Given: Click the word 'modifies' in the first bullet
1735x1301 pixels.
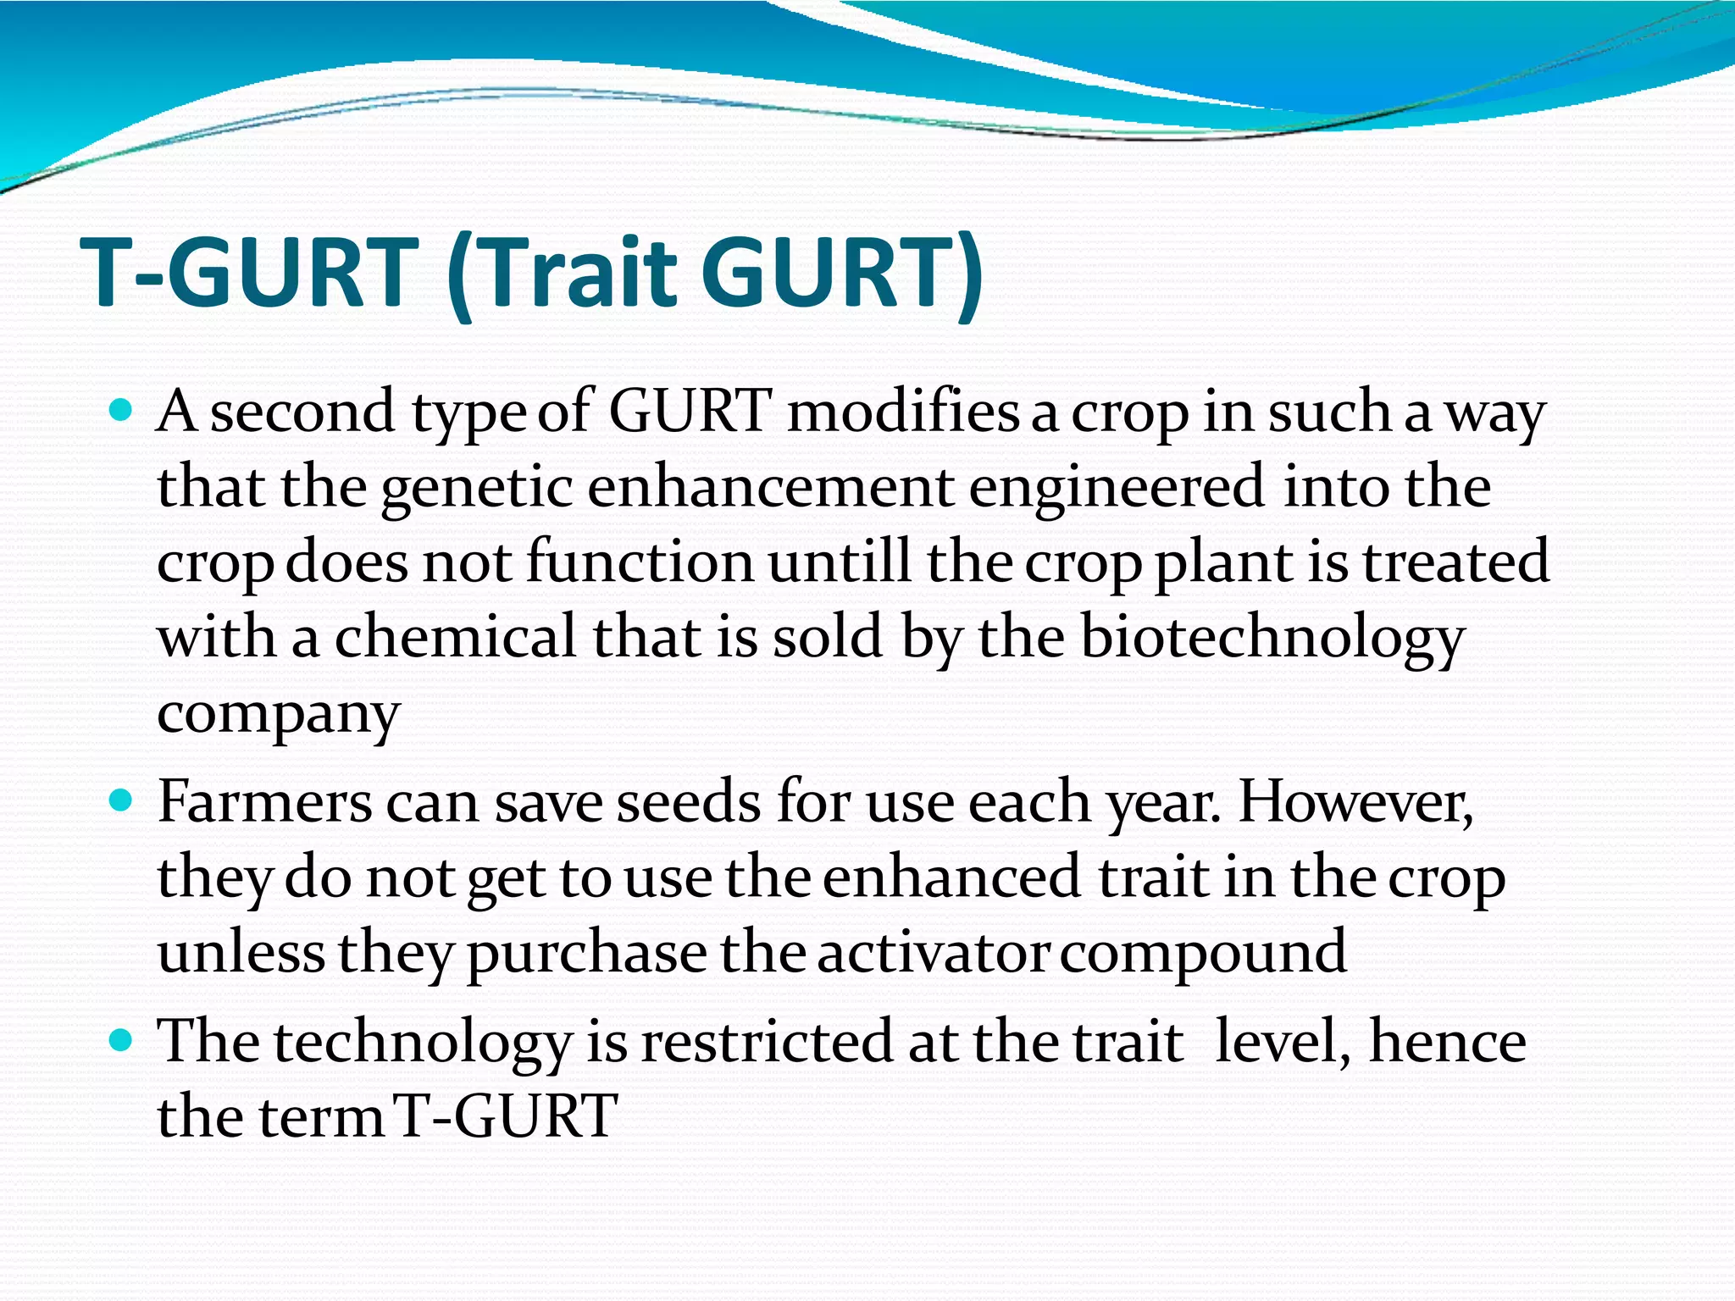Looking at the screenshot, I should click(x=903, y=412).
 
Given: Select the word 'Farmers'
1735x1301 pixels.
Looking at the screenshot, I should click(x=264, y=801).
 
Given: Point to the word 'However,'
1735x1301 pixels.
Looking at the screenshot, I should click(x=1355, y=801).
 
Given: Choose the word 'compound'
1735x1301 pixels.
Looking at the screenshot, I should click(x=1203, y=952).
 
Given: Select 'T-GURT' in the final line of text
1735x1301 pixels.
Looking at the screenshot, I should click(x=506, y=1116).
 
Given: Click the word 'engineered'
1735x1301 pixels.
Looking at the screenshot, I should click(x=1116, y=488).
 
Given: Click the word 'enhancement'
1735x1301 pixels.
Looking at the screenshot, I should click(x=769, y=488).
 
